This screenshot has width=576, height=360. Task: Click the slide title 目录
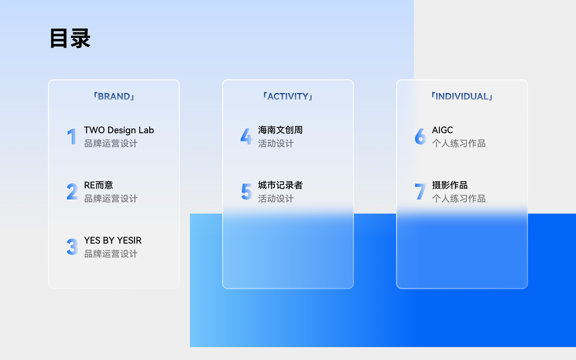pyautogui.click(x=70, y=38)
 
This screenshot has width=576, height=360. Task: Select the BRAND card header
pyautogui.click(x=114, y=96)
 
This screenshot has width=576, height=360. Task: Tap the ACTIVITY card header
pyautogui.click(x=287, y=96)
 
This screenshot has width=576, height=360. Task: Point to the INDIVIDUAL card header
pyautogui.click(x=462, y=96)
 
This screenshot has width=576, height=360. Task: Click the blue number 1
pyautogui.click(x=72, y=137)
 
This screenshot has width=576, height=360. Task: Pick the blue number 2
pyautogui.click(x=72, y=192)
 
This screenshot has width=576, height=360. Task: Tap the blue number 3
pyautogui.click(x=72, y=247)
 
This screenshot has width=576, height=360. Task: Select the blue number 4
pyautogui.click(x=246, y=137)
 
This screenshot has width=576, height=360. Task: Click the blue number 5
pyautogui.click(x=246, y=192)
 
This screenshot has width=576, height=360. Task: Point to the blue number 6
pyautogui.click(x=420, y=137)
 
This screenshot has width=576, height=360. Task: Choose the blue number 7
pyautogui.click(x=420, y=192)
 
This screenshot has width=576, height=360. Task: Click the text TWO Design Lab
pyautogui.click(x=119, y=130)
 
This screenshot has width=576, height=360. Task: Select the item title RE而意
pyautogui.click(x=98, y=185)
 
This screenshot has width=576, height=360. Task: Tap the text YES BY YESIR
pyautogui.click(x=113, y=240)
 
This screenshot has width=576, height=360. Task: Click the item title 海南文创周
pyautogui.click(x=280, y=130)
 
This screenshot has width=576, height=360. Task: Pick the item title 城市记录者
pyautogui.click(x=280, y=185)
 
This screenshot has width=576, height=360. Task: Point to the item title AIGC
pyautogui.click(x=442, y=130)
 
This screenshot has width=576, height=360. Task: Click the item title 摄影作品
pyautogui.click(x=449, y=185)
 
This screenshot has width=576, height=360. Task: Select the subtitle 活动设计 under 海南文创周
pyautogui.click(x=275, y=143)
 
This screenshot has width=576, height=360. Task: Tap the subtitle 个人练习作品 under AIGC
pyautogui.click(x=458, y=143)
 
